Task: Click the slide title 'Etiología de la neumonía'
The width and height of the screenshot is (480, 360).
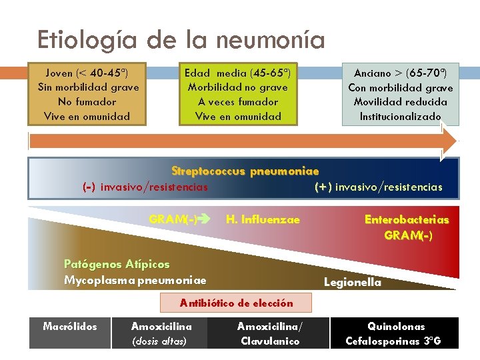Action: [181, 40]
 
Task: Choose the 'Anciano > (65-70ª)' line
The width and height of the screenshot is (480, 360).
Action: [400, 73]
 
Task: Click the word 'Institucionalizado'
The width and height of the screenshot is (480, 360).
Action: [400, 117]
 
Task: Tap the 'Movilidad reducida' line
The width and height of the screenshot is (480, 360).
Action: [400, 102]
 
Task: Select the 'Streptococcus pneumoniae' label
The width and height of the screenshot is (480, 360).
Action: [245, 171]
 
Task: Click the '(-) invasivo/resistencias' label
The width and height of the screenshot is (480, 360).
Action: [145, 187]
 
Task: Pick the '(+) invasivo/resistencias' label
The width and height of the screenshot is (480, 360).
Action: [378, 187]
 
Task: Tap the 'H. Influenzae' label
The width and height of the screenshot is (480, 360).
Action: [263, 219]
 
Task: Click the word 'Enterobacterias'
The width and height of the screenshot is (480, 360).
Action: [407, 220]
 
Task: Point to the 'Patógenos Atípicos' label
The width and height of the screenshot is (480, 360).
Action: [117, 265]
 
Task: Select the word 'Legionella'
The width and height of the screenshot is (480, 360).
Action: [353, 282]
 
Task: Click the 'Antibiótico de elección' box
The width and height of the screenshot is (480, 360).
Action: [237, 303]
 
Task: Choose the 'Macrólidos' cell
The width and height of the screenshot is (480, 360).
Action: [70, 327]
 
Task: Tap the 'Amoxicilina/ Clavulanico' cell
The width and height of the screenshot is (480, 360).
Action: [269, 333]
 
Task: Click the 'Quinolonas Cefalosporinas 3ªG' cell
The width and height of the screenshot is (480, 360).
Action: [395, 333]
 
